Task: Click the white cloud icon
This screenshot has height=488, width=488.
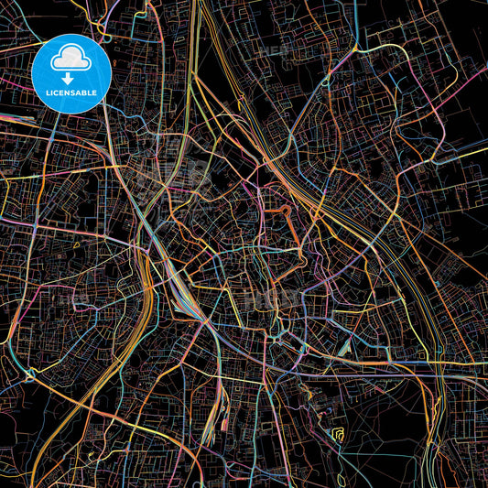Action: coord(70,60)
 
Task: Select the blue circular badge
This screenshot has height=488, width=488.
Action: coord(71,73)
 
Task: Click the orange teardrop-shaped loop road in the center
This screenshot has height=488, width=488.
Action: coord(283,217)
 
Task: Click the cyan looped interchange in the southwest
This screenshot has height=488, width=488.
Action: coord(30,374)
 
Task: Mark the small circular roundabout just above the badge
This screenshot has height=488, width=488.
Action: coord(106,38)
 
